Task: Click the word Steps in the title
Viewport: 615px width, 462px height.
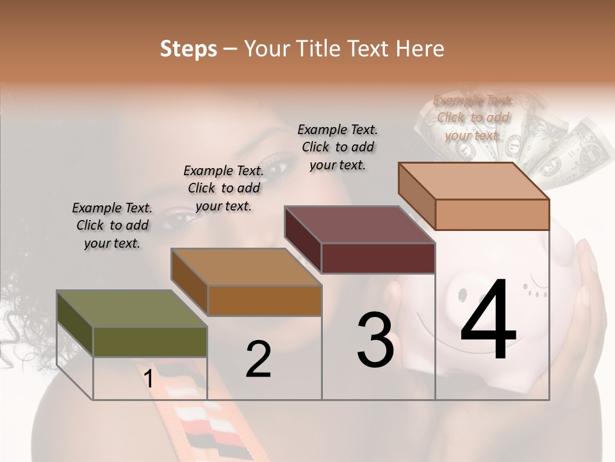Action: click(188, 49)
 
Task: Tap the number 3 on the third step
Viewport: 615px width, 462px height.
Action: click(375, 341)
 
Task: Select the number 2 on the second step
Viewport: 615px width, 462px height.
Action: click(258, 359)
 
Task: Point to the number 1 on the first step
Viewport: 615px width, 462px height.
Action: click(149, 379)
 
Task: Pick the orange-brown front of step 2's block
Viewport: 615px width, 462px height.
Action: click(265, 300)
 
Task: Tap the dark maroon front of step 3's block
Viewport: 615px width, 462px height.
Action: click(378, 258)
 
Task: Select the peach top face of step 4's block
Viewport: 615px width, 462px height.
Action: click(473, 181)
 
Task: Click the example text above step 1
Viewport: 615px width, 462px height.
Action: click(112, 226)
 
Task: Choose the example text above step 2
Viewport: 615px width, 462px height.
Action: click(224, 188)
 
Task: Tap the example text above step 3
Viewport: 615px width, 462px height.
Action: click(338, 147)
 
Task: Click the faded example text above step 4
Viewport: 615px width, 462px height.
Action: click(473, 117)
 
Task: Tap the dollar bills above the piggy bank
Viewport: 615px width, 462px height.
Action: click(564, 151)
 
